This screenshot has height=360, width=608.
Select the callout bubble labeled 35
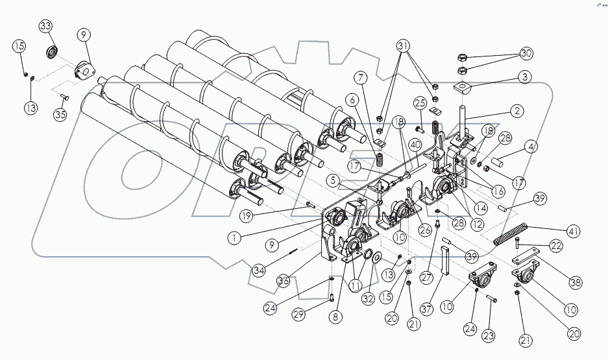tap(60, 115)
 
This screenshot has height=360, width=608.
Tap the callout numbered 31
tap(404, 47)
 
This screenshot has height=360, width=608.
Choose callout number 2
tap(516, 111)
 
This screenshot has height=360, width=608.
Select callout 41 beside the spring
tap(572, 231)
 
